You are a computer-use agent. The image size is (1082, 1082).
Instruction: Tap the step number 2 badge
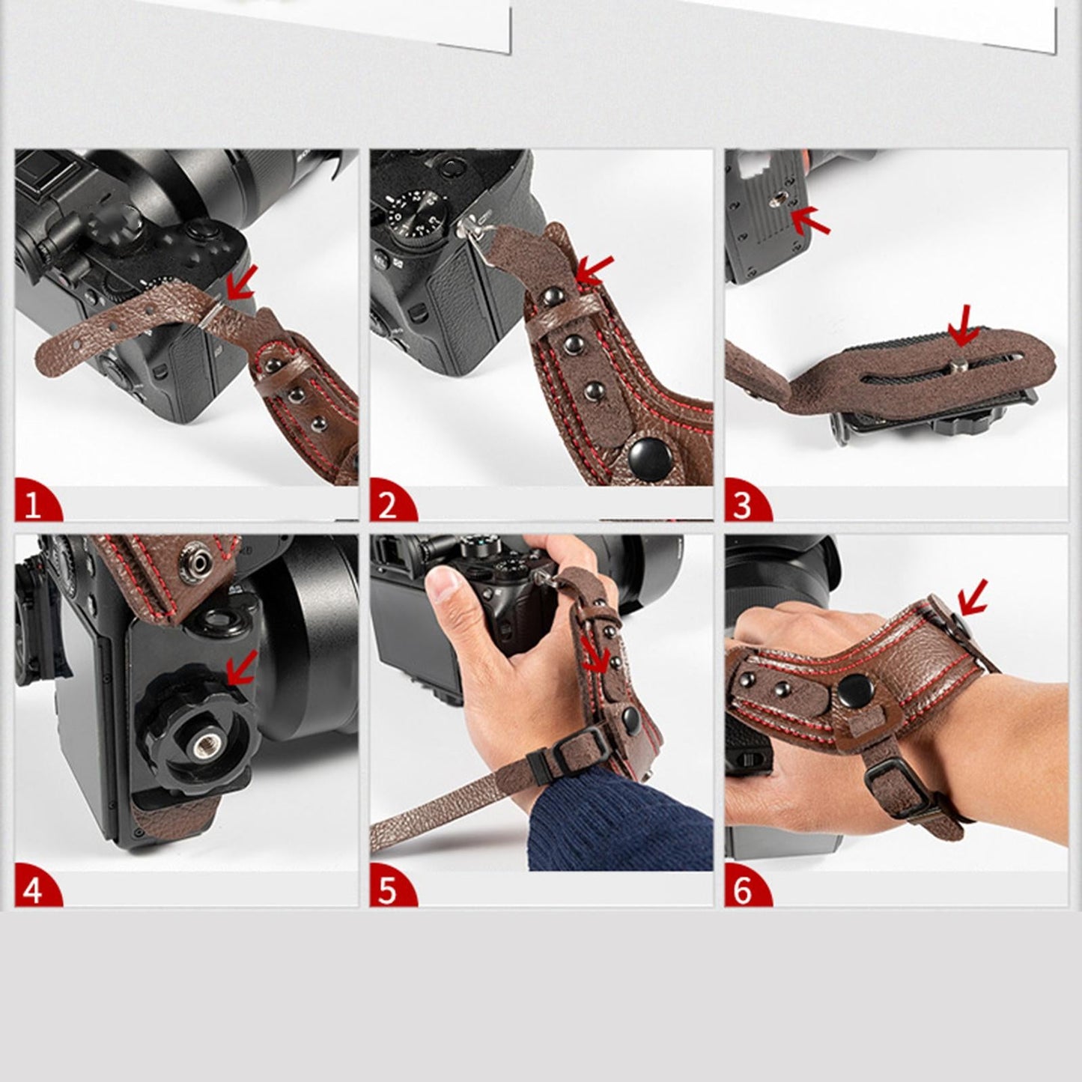(388, 506)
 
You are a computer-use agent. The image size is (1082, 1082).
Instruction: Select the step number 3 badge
(742, 506)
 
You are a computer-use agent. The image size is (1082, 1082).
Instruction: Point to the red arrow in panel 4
(242, 668)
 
